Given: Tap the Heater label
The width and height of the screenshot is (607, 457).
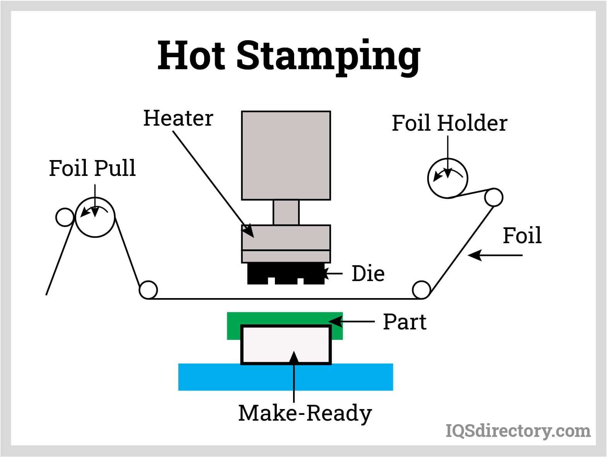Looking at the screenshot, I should (x=178, y=118).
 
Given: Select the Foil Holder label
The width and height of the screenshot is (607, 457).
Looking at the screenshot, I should (x=449, y=123).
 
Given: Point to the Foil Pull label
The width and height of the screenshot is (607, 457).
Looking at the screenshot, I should (x=92, y=168).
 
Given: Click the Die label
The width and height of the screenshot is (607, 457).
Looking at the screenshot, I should (x=368, y=273).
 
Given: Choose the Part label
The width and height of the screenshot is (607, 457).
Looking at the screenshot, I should (x=404, y=322).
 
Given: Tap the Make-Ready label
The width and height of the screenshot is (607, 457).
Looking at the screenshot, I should (x=305, y=413).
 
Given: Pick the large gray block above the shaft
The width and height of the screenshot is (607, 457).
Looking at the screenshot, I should (x=286, y=155).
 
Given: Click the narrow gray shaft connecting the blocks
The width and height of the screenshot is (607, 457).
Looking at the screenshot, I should (x=286, y=212).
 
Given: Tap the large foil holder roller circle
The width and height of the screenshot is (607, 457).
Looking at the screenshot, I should (x=447, y=178).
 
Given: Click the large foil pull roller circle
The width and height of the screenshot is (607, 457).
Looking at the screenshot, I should (x=95, y=217).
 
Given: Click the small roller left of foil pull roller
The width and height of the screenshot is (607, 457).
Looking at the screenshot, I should (x=65, y=217).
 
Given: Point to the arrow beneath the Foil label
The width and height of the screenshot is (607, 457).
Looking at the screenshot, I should (x=495, y=255).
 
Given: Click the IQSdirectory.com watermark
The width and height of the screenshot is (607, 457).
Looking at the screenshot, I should (x=518, y=431).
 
